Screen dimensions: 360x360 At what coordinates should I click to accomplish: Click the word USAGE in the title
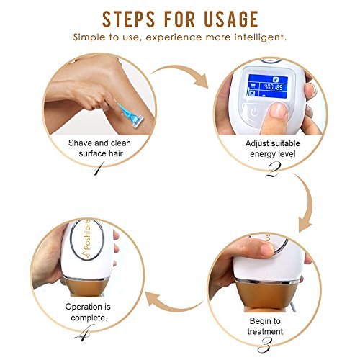(231, 19)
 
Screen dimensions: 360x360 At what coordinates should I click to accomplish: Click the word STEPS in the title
(129, 19)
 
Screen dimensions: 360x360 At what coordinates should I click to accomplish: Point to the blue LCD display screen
(267, 86)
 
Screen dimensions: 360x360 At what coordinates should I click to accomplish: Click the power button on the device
(254, 112)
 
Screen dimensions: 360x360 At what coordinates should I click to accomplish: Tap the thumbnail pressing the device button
(278, 109)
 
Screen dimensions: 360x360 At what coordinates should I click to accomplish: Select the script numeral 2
(274, 170)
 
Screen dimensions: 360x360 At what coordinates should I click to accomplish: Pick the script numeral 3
(265, 345)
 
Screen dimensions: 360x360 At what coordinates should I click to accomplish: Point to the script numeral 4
(84, 333)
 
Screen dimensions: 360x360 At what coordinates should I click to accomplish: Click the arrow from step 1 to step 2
(182, 71)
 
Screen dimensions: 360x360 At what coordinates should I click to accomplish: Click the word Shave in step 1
(80, 143)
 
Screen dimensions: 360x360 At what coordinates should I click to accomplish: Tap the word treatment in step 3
(265, 331)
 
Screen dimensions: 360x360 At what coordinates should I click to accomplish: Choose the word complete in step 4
(89, 318)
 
